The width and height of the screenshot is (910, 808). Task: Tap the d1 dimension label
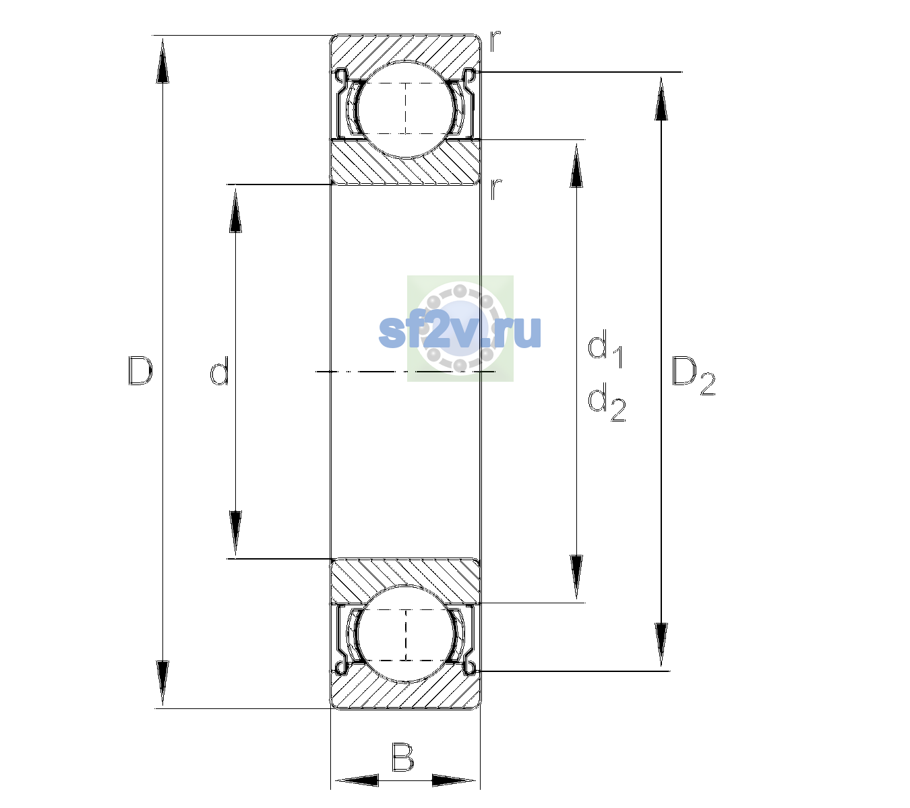coord(605,348)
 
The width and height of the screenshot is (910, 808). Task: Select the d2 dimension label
coord(607,401)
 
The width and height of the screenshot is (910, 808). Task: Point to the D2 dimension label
coord(693,376)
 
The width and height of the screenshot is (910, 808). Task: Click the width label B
coord(402,757)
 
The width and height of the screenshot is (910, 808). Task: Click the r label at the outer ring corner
coord(495,41)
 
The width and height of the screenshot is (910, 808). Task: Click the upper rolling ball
coord(406,109)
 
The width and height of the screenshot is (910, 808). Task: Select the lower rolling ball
coord(406,634)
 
